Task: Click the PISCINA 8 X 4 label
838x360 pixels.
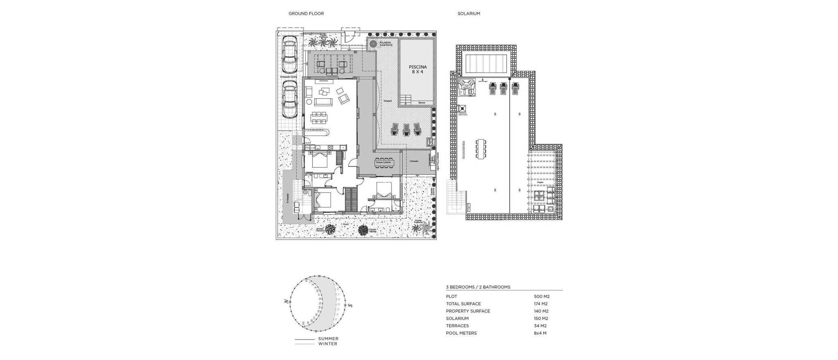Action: [417, 69]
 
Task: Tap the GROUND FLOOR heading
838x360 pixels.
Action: [306, 13]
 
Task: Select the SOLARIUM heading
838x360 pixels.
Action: [469, 13]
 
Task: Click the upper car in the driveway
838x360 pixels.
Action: [289, 54]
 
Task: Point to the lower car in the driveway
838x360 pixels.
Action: [289, 98]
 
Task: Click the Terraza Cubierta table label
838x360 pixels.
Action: [383, 163]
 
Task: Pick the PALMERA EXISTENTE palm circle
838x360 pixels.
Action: [373, 44]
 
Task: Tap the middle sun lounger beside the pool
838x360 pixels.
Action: [406, 129]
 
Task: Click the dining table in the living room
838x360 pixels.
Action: [319, 118]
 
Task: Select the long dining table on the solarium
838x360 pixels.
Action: [481, 148]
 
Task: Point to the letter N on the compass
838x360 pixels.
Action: [286, 302]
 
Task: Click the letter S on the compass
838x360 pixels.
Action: [350, 305]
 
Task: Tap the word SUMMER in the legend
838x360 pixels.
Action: [328, 339]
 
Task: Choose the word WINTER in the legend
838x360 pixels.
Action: [328, 344]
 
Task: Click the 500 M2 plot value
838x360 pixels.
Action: [541, 296]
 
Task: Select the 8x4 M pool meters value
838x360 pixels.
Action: [540, 333]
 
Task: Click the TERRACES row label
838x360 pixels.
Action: [457, 326]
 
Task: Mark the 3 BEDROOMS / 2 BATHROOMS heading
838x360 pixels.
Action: [478, 287]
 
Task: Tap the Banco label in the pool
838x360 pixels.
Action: [422, 102]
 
